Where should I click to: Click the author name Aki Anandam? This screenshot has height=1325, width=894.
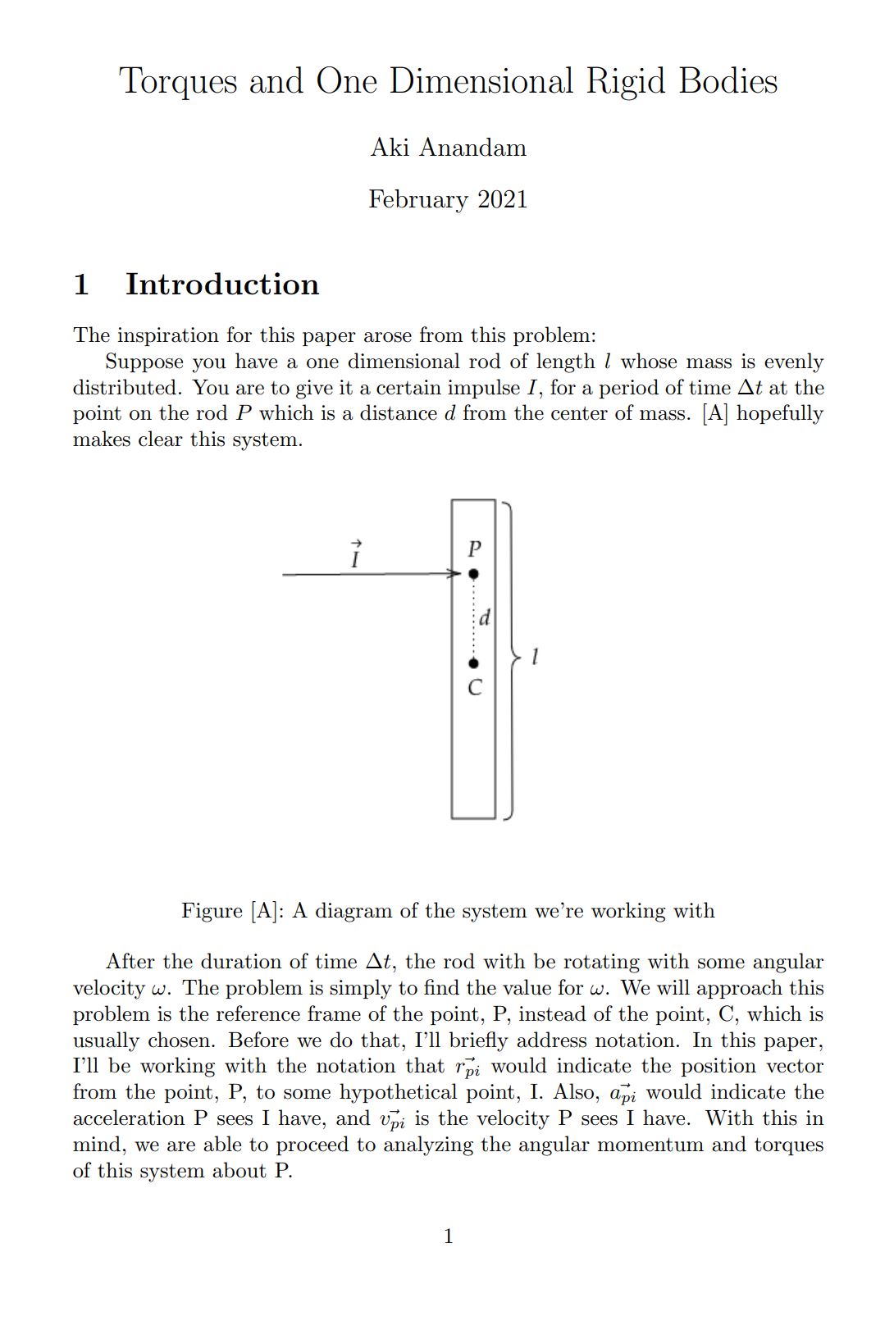[x=448, y=148]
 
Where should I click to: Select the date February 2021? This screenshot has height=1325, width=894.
[x=448, y=199]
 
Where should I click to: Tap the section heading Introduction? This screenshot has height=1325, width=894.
[x=221, y=285]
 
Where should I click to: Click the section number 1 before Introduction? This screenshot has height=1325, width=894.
[x=80, y=285]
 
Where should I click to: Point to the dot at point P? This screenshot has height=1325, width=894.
[x=473, y=575]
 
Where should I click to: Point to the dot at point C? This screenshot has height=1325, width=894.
[x=473, y=663]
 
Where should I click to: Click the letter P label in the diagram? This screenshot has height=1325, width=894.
[x=473, y=549]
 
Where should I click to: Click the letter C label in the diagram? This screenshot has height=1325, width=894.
[x=474, y=688]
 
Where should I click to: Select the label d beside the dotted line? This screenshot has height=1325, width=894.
[x=485, y=617]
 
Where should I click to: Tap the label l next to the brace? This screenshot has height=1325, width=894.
[x=535, y=657]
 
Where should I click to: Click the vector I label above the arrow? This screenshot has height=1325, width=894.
[x=355, y=555]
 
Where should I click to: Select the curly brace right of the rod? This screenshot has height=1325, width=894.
[x=513, y=657]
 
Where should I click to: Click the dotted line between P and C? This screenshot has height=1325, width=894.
[x=473, y=619]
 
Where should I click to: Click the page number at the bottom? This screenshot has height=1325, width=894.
[x=448, y=1236]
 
